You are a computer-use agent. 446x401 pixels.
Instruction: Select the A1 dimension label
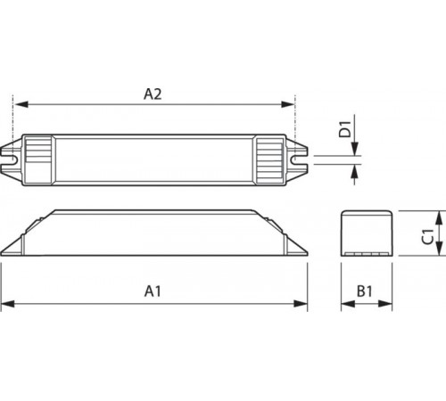coord(153,291)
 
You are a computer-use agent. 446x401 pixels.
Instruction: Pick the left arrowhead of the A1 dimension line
coord(6,305)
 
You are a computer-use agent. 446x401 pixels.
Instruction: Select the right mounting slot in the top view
coord(301,162)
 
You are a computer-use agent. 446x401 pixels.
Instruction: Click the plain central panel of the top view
coord(153,162)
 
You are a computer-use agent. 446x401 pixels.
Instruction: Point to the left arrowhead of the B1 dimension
coord(344,305)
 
